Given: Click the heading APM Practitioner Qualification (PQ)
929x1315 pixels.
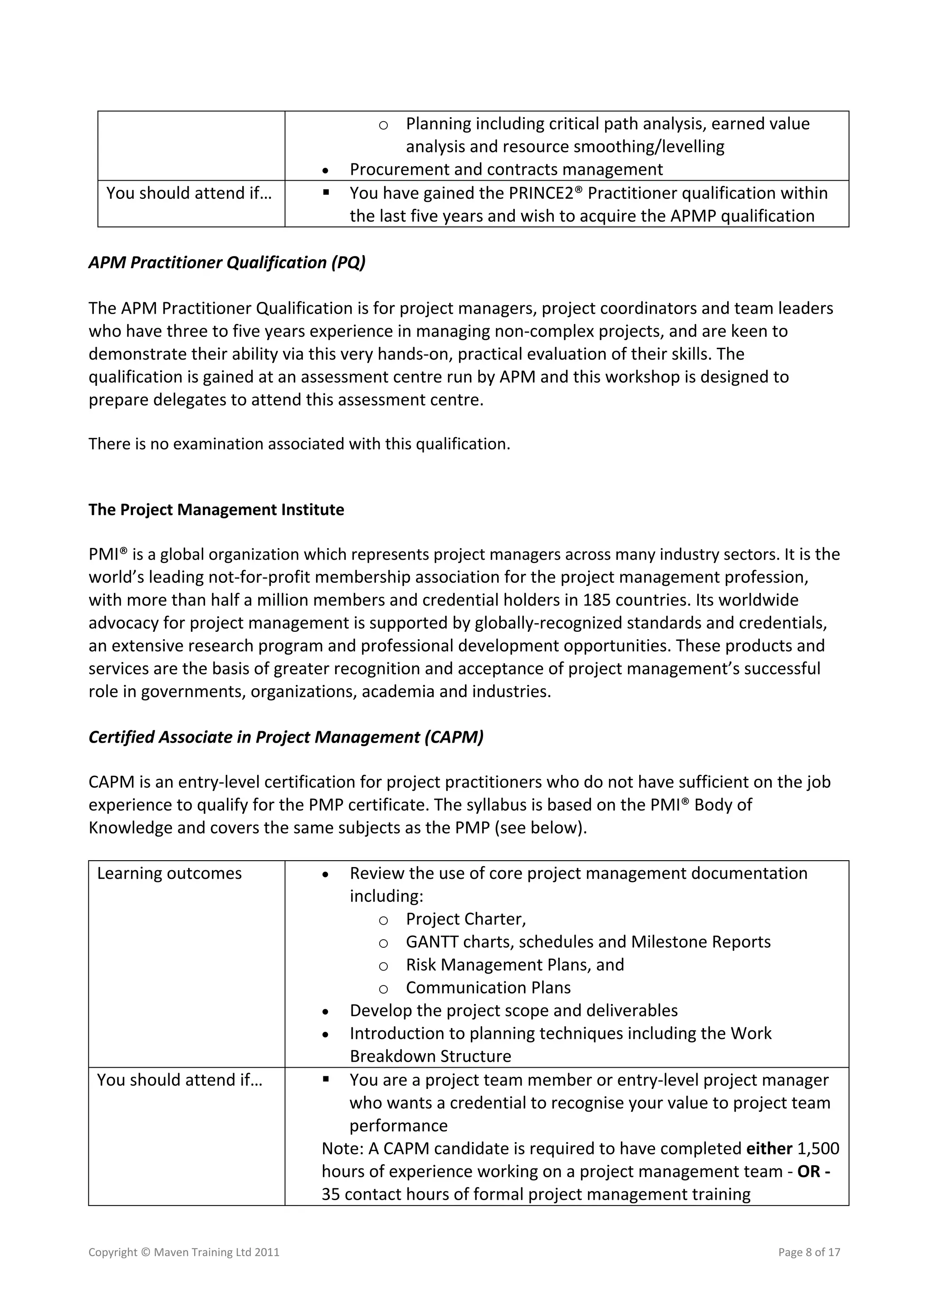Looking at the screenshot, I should click(227, 262).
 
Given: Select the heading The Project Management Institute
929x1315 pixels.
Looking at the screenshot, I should click(216, 510).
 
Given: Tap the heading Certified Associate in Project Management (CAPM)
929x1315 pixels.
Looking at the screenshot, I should click(286, 737).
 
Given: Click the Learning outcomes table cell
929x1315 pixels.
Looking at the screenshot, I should click(170, 873).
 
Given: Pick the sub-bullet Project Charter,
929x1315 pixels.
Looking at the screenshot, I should click(465, 919).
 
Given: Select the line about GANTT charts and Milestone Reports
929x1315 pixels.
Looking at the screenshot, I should click(588, 942).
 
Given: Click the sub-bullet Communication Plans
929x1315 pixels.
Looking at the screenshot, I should click(488, 988).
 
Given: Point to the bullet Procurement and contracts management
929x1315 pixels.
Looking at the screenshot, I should click(506, 169).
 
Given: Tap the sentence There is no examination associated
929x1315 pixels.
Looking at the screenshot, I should click(299, 444).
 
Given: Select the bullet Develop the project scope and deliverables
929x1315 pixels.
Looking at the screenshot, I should click(513, 1011).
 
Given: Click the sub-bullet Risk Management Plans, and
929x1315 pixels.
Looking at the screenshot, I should click(514, 965).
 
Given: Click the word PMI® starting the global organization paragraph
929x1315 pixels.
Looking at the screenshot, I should click(108, 554).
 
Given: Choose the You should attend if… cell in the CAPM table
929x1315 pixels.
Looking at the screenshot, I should click(180, 1080).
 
